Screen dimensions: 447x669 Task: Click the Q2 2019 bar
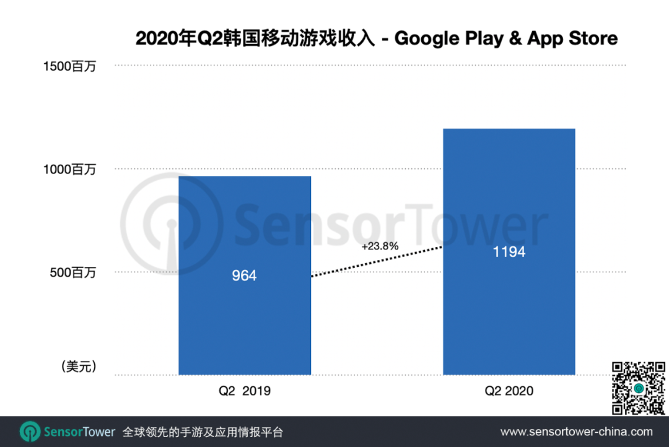tap(245, 322)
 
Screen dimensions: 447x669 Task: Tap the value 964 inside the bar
tap(244, 276)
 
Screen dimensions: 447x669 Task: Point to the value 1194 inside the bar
tap(509, 252)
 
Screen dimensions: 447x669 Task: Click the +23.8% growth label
tap(380, 246)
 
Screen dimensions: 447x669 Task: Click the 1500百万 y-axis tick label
tap(70, 66)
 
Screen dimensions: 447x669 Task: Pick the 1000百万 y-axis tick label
tap(70, 169)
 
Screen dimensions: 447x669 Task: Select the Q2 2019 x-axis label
tap(245, 391)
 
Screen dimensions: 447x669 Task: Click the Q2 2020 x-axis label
tap(509, 391)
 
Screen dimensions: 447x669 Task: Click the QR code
tap(639, 388)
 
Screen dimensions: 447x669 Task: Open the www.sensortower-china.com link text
tap(576, 432)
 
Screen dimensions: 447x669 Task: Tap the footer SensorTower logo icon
tap(30, 432)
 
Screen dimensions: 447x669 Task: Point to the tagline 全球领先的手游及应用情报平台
tap(203, 432)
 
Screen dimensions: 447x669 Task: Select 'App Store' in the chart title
tap(572, 38)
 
